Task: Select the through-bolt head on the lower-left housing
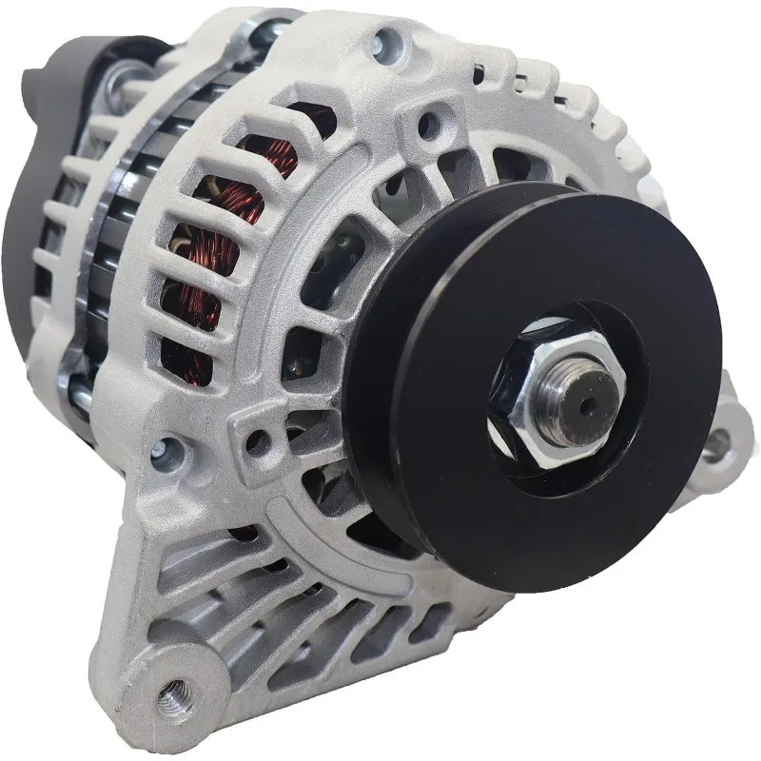coord(172,452)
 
